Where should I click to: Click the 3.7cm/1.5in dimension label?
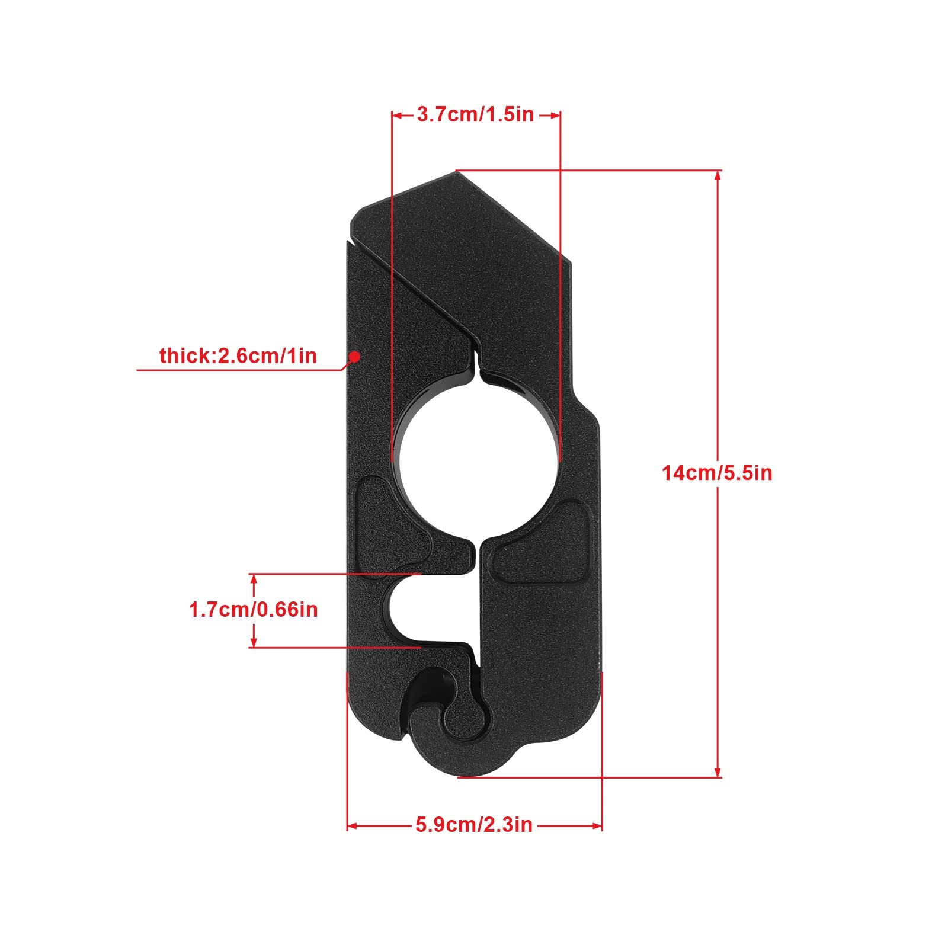click(475, 114)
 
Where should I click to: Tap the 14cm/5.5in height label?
click(717, 473)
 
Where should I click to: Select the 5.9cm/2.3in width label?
click(474, 825)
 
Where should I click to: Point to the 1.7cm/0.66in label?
click(253, 610)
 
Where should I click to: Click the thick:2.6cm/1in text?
click(238, 356)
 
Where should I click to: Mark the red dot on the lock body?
click(354, 356)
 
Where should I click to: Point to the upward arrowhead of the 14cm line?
click(718, 175)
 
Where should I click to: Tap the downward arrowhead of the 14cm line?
click(718, 772)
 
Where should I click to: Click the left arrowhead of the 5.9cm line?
click(352, 825)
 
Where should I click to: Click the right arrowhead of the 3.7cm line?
click(555, 115)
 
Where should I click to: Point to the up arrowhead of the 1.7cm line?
click(254, 579)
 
